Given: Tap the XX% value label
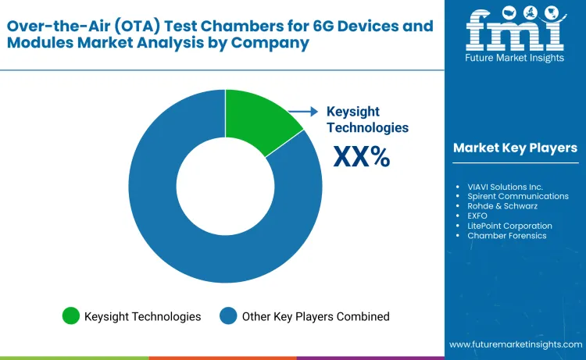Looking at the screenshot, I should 361,156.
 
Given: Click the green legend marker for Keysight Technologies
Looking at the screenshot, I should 72,316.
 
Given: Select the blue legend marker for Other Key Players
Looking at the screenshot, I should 229,316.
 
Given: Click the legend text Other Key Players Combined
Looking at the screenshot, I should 316,316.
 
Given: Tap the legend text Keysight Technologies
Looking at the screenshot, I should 143,316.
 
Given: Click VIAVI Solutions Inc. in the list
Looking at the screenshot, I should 505,187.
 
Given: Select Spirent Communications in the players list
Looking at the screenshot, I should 517,197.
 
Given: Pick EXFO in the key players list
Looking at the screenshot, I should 478,216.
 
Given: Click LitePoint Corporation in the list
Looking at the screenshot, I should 509,226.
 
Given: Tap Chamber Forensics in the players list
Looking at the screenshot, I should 507,236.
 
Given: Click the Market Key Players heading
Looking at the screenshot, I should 515,148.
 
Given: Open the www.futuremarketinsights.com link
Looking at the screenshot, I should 515,344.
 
